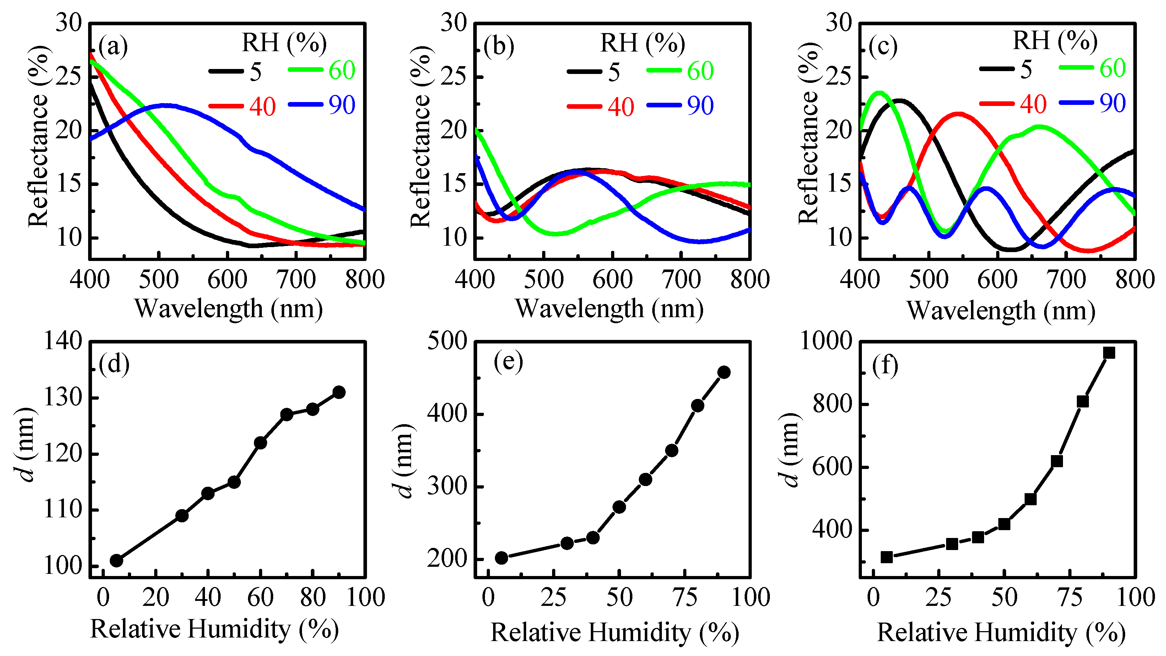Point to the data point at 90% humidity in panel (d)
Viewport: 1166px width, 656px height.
[x=339, y=392]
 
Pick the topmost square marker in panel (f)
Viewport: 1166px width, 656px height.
[x=1108, y=352]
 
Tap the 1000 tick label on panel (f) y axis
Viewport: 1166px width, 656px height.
[x=826, y=341]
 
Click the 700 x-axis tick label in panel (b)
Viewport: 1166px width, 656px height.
[x=681, y=279]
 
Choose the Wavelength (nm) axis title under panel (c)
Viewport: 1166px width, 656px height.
[x=1000, y=311]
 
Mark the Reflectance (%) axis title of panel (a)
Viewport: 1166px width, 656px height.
[x=38, y=136]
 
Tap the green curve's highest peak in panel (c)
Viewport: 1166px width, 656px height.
[x=879, y=93]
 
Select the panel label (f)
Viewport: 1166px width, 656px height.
[x=885, y=365]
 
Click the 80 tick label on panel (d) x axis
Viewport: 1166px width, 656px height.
[x=312, y=598]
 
